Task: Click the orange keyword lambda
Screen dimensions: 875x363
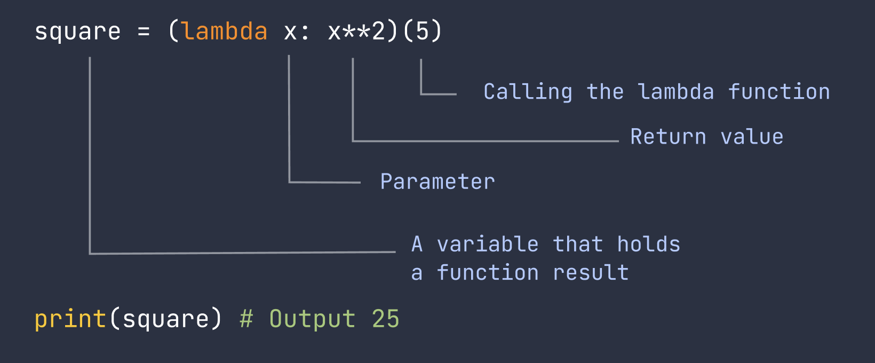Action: coord(225,31)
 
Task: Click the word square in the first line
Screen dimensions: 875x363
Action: coord(78,33)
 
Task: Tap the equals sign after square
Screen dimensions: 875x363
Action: coord(144,32)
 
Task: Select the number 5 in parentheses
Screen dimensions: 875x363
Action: coord(422,31)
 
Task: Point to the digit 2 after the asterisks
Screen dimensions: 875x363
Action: coord(378,31)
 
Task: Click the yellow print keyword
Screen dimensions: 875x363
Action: coord(70,319)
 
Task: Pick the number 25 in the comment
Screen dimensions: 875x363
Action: coord(386,319)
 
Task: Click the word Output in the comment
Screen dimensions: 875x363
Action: coord(313,319)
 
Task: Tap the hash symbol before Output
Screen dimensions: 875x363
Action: coord(246,319)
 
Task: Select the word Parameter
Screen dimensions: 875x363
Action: coord(437,181)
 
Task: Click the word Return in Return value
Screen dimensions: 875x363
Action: coord(669,137)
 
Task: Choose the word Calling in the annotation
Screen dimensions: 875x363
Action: coord(528,92)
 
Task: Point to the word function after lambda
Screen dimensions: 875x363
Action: coord(779,92)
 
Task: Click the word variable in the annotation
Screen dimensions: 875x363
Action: coord(488,244)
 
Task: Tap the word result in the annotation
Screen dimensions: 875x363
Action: coord(591,272)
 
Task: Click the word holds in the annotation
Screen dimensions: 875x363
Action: coord(649,244)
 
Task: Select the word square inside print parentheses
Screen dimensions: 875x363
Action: coord(165,320)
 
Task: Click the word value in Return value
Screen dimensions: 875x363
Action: coord(752,137)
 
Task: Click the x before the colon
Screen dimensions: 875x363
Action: coord(290,33)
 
